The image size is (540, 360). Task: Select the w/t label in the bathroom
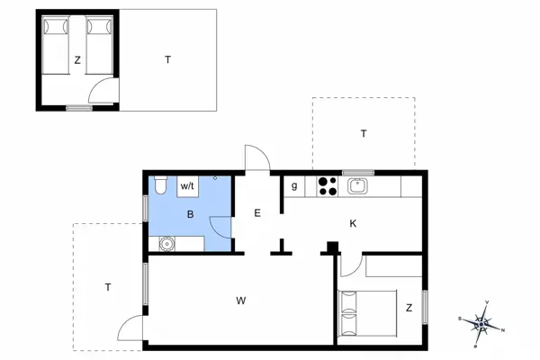[x=188, y=185]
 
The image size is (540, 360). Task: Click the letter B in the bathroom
[x=190, y=214]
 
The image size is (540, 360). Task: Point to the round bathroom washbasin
[x=166, y=242]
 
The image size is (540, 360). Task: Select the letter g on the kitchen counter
[x=294, y=186]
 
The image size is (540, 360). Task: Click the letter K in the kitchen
[x=353, y=223]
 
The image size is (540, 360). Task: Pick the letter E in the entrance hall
[x=257, y=213]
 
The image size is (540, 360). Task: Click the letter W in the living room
[x=241, y=299]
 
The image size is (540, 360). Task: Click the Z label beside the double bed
[x=409, y=308]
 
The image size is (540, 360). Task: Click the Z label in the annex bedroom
[x=77, y=61]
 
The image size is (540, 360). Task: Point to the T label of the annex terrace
[x=167, y=60]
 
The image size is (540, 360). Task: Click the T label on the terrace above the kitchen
[x=364, y=133]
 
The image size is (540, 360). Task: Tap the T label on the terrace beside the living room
[x=107, y=287]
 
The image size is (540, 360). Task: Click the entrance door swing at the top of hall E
[x=256, y=158]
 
